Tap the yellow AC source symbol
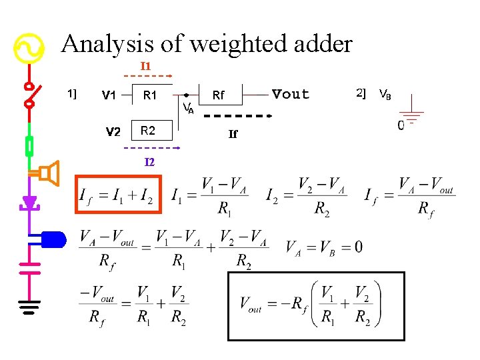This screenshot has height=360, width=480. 29,49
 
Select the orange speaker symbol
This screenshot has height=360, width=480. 48,173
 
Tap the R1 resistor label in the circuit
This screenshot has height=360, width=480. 149,96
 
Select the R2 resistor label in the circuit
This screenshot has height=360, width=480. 148,129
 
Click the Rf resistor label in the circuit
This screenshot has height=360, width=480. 218,96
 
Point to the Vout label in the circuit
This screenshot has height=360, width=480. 291,95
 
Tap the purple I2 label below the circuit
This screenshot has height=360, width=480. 149,162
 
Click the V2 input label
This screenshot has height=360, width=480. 113,131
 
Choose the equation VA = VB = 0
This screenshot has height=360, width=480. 324,247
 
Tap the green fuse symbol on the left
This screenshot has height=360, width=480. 29,145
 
